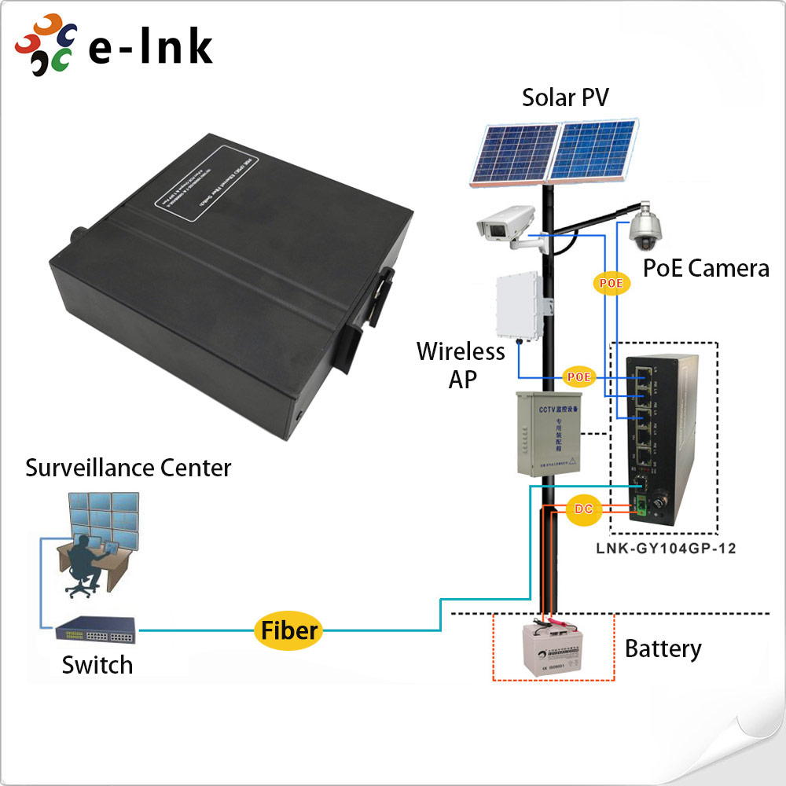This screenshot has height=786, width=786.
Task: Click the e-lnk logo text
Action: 149,47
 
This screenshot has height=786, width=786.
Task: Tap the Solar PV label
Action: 565,97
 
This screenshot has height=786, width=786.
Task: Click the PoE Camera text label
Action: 705,268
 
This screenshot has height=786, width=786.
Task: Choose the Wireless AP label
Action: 461,364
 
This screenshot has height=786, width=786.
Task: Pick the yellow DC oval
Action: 583,509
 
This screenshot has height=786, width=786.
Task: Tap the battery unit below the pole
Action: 553,649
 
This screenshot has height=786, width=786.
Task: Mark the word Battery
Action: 663,649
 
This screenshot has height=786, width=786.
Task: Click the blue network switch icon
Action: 96,630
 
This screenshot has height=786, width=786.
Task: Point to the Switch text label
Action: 97,665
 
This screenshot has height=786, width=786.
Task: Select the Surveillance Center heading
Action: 128,468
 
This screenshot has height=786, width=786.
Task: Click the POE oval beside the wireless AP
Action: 579,376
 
